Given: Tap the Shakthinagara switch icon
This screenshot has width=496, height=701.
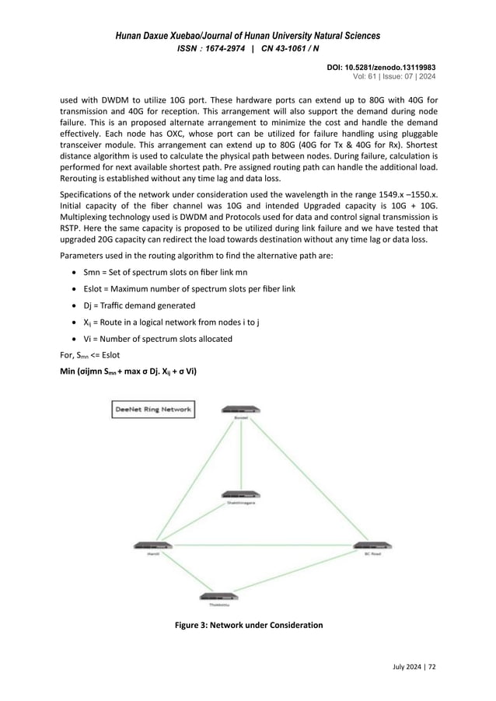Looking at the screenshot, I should (242, 496).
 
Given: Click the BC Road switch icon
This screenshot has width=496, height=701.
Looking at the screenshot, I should (372, 548).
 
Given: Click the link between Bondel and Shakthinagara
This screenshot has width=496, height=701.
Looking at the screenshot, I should (242, 455).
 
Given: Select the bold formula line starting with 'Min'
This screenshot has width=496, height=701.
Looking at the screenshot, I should (128, 371).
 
